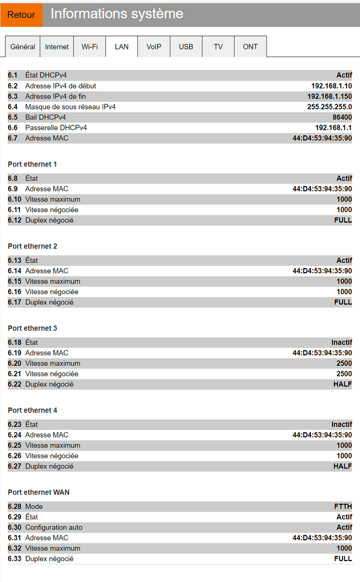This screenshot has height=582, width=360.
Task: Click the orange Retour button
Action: tap(22, 15)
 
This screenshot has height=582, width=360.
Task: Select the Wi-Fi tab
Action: tap(89, 47)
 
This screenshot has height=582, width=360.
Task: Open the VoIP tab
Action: tap(154, 47)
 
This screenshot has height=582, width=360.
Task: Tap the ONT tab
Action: tap(250, 47)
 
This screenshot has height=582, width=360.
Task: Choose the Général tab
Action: tap(23, 47)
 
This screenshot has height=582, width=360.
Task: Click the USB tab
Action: tap(186, 47)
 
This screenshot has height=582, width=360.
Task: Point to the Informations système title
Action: tap(117, 14)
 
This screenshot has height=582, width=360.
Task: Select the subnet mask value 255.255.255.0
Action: tap(330, 107)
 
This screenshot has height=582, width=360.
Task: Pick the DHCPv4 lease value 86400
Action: tap(341, 117)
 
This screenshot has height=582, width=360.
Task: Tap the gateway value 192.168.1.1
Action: tap(333, 128)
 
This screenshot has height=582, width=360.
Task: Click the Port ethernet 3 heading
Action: tap(33, 329)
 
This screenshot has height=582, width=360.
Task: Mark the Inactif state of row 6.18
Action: tap(342, 343)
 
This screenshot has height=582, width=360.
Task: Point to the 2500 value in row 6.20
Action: tap(344, 364)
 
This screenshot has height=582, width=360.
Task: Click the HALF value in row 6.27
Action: tap(343, 466)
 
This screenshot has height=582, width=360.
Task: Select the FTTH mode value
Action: tap(343, 507)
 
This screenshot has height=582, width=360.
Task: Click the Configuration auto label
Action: tap(54, 528)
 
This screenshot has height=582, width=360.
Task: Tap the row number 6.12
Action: tap(15, 220)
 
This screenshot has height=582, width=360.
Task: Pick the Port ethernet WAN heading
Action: tap(38, 492)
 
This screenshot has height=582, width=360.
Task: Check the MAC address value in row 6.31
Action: tap(322, 538)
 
